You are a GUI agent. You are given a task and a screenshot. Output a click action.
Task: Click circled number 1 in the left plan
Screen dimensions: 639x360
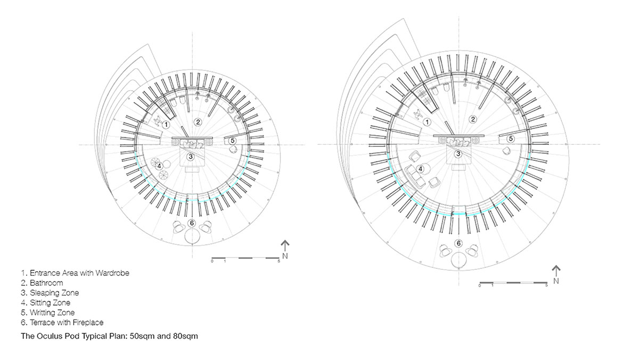(166, 125)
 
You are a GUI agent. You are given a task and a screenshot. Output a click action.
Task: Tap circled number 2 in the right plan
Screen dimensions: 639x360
(473, 119)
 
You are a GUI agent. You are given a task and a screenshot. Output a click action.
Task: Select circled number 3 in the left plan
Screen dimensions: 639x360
(191, 157)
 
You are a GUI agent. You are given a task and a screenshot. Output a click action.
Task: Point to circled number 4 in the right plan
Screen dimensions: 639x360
(420, 169)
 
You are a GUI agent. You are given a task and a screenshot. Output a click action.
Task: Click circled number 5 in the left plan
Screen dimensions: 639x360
(233, 141)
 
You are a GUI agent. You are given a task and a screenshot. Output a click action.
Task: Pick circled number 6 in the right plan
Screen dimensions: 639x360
(458, 243)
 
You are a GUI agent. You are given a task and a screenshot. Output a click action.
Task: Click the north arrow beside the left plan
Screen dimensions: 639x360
(285, 246)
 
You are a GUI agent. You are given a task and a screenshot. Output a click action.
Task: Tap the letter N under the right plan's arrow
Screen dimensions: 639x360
(556, 281)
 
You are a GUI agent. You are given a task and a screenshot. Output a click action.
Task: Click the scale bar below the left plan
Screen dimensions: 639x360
(245, 258)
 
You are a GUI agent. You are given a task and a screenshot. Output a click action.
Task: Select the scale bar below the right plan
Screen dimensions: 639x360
(513, 283)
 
